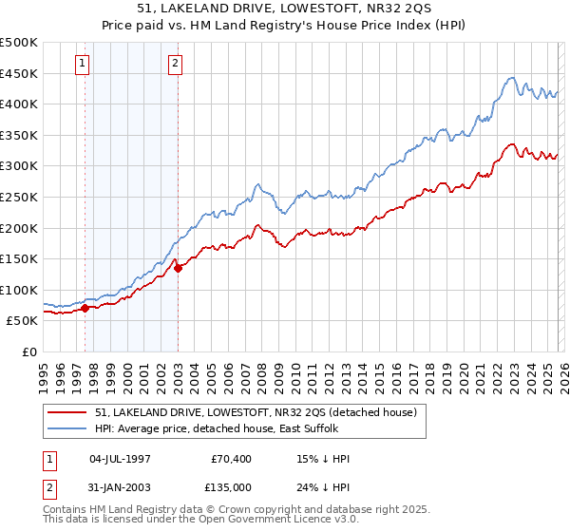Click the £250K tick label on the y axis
[x=19, y=197]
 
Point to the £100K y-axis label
[x=19, y=290]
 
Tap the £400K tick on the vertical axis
[x=19, y=104]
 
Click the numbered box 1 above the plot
[x=84, y=65]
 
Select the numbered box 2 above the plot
[x=176, y=65]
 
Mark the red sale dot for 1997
[x=85, y=308]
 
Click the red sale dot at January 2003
[x=179, y=268]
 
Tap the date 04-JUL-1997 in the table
[x=120, y=459]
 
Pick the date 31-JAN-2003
[x=120, y=487]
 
